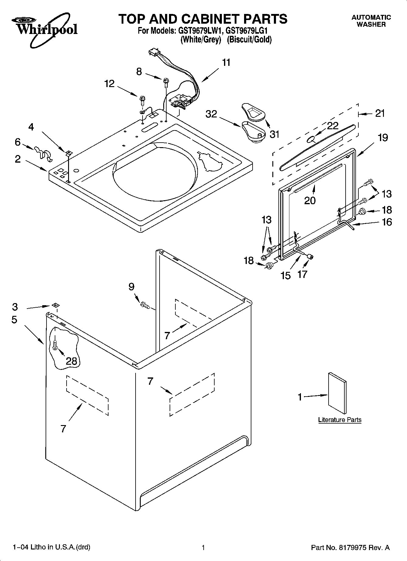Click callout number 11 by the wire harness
[226, 63]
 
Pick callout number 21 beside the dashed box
[380, 113]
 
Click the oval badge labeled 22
[311, 139]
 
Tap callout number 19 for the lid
[383, 137]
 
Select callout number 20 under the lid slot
[310, 200]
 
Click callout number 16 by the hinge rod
[387, 222]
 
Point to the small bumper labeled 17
[310, 257]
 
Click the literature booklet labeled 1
[337, 393]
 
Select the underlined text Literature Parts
[340, 420]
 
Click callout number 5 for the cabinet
[14, 319]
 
